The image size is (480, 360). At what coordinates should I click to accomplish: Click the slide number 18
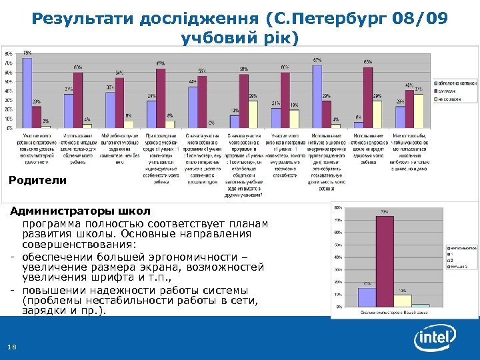11,345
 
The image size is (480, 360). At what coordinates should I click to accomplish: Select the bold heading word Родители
38,180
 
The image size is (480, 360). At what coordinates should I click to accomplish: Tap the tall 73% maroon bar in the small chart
385,261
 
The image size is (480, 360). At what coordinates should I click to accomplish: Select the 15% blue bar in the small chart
367,297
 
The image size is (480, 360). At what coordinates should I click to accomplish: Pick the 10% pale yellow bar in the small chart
402,300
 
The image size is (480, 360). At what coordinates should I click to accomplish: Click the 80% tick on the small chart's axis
338,207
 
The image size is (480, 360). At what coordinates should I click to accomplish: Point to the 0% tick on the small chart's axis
339,307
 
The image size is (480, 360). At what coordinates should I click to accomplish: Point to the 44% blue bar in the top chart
193,107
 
